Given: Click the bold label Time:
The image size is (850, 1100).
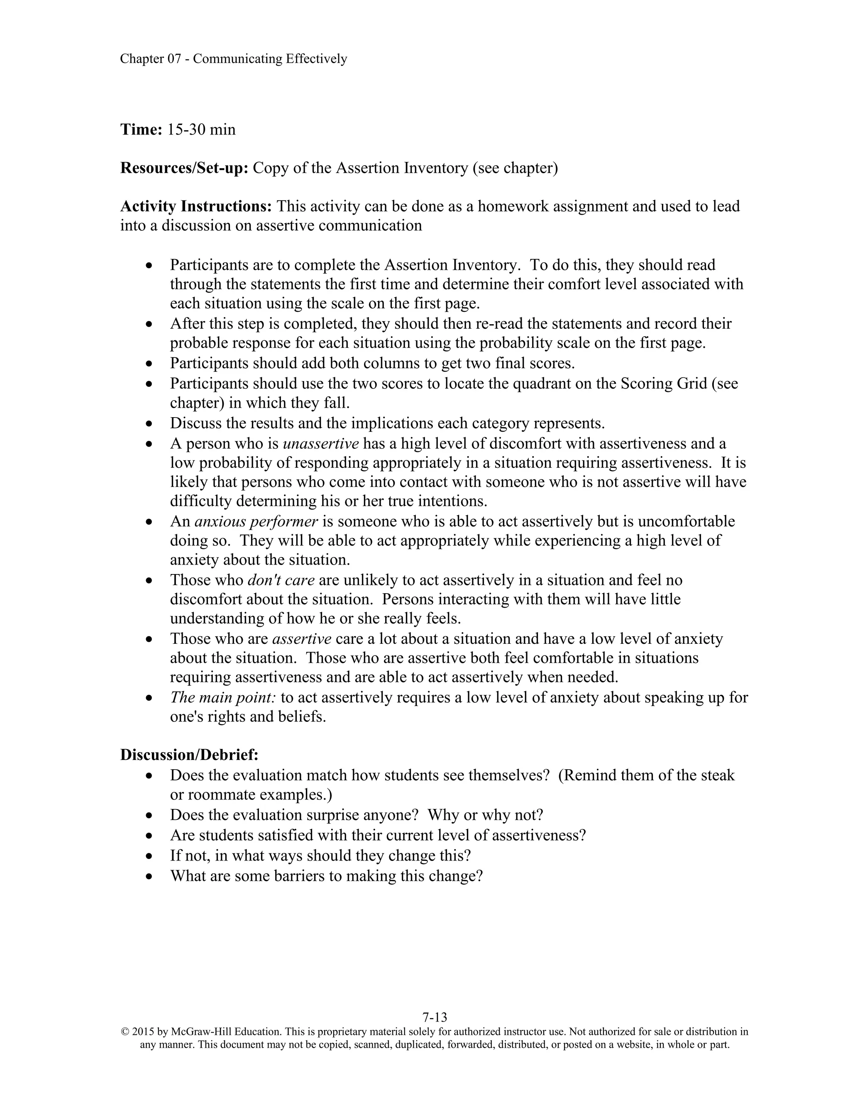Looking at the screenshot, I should pos(141,130).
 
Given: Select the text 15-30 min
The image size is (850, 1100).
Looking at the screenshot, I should pos(201,130).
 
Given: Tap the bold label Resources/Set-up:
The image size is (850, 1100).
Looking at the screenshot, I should pos(184,168).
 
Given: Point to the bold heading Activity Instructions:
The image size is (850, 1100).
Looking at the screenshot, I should pos(196,206).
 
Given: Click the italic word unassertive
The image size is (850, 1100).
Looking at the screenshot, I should pos(321,443).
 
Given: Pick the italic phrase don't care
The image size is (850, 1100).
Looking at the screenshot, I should pos(281,580).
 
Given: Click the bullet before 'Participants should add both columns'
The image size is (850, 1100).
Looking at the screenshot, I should pos(149,364).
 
